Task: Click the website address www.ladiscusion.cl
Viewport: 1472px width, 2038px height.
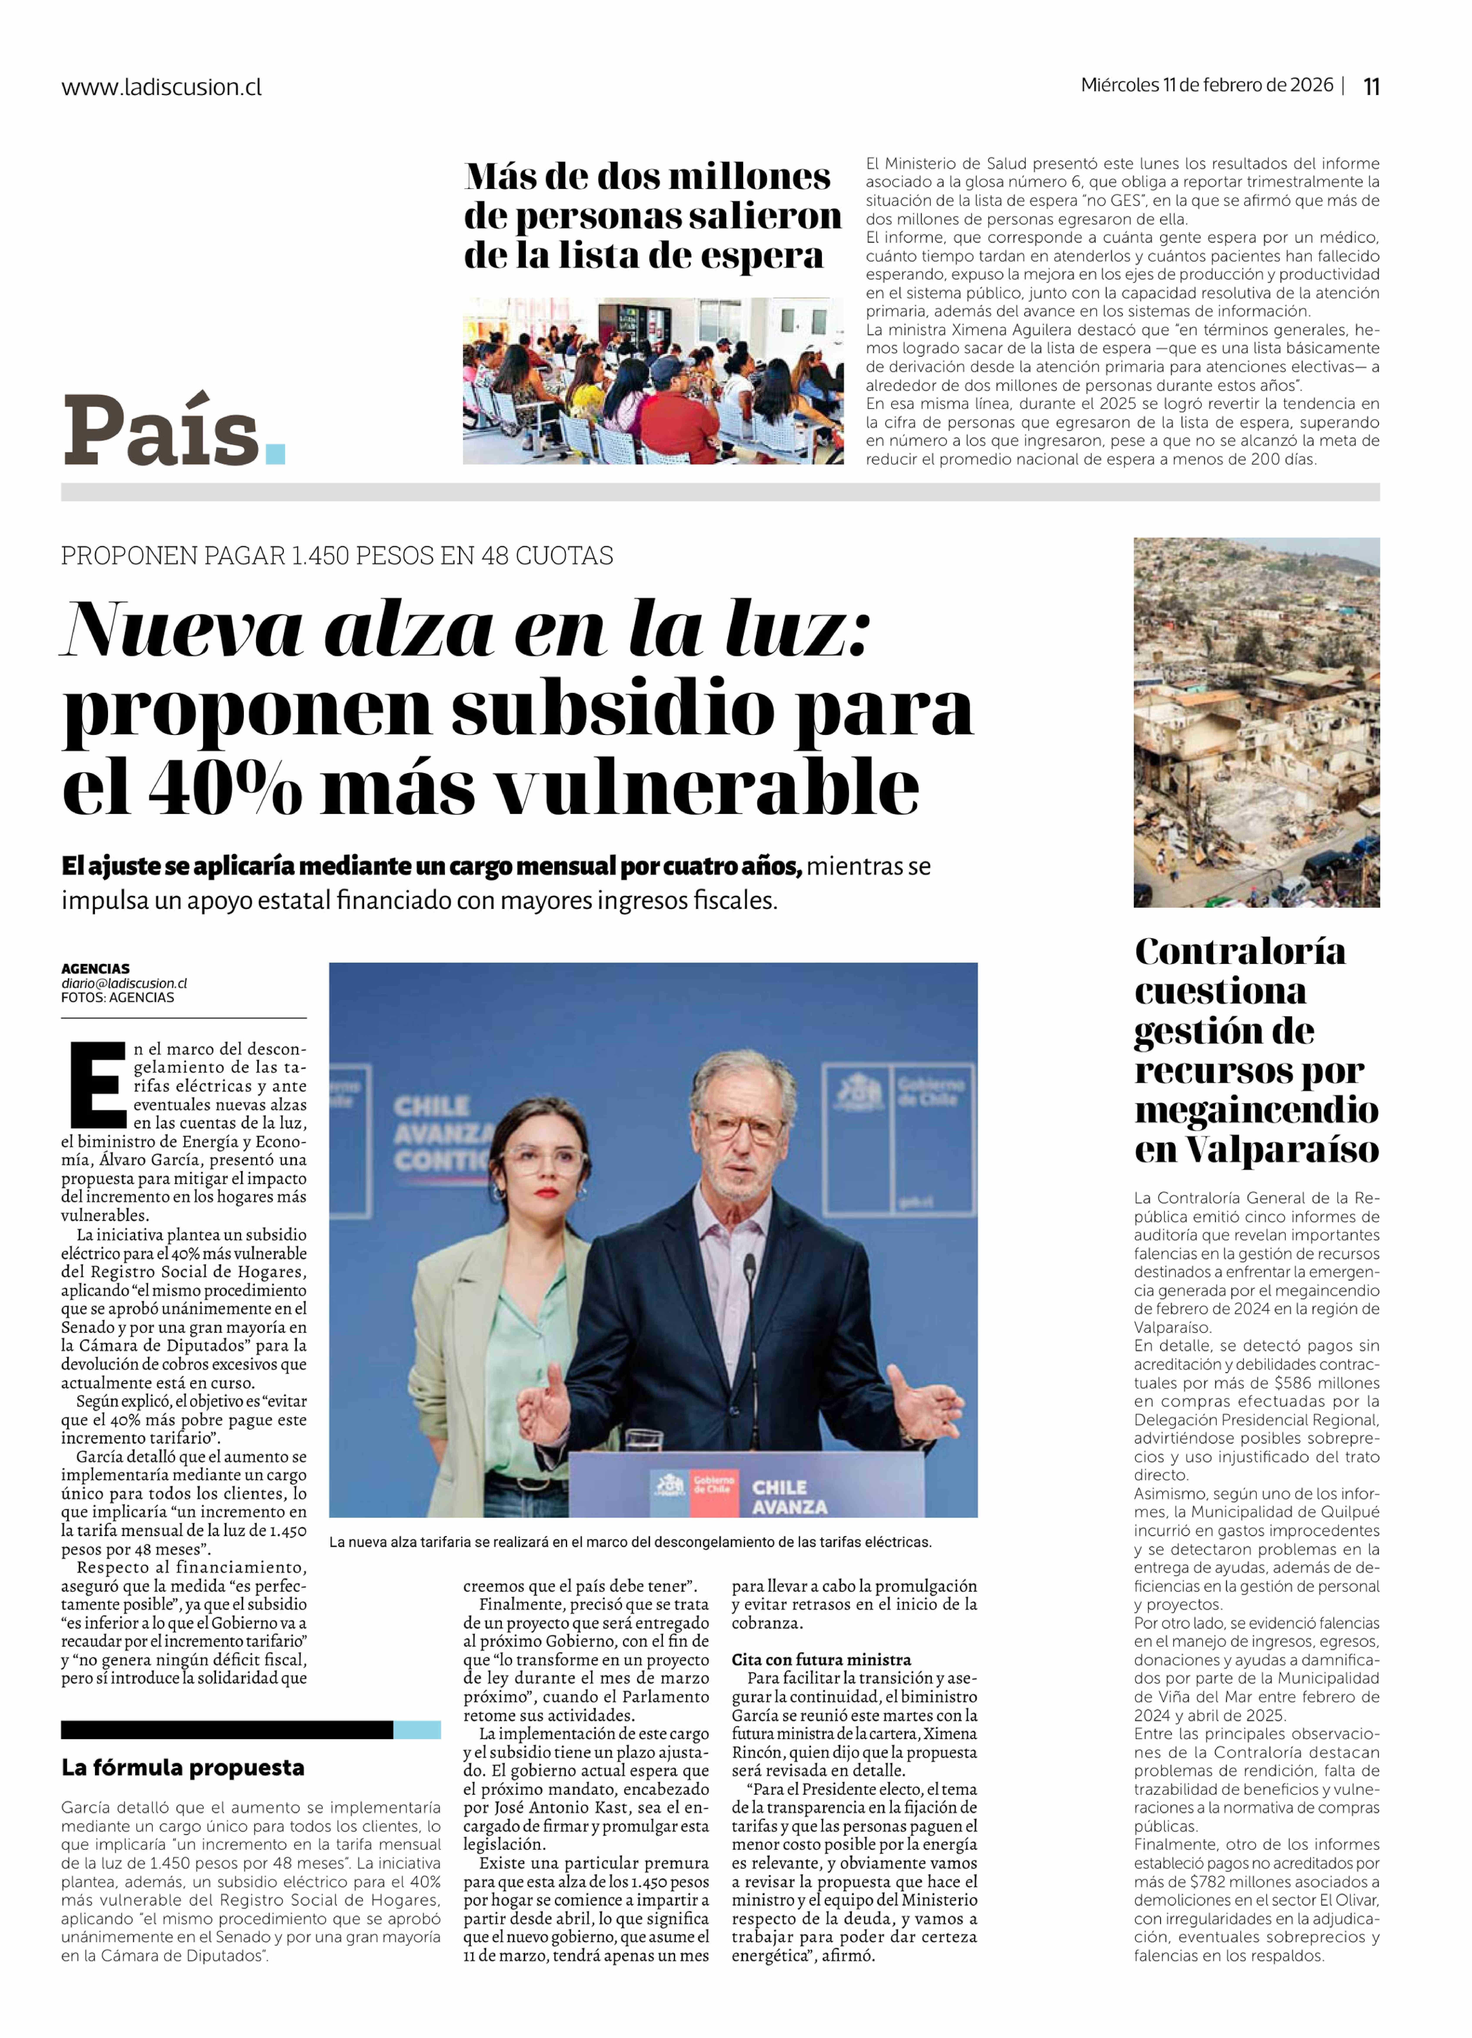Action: pos(162,87)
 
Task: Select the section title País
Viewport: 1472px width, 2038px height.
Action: pos(162,431)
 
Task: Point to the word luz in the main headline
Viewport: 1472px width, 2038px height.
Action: pos(795,629)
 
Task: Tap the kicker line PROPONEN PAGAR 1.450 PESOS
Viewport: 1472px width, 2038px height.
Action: pos(337,555)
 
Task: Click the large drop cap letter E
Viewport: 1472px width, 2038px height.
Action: pos(97,1085)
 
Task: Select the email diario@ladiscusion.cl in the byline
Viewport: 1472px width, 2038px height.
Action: pos(124,983)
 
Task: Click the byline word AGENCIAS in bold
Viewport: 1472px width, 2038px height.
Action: pos(95,969)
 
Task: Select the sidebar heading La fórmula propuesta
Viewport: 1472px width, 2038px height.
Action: pos(182,1768)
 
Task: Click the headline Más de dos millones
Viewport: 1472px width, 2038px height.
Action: pos(647,176)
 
